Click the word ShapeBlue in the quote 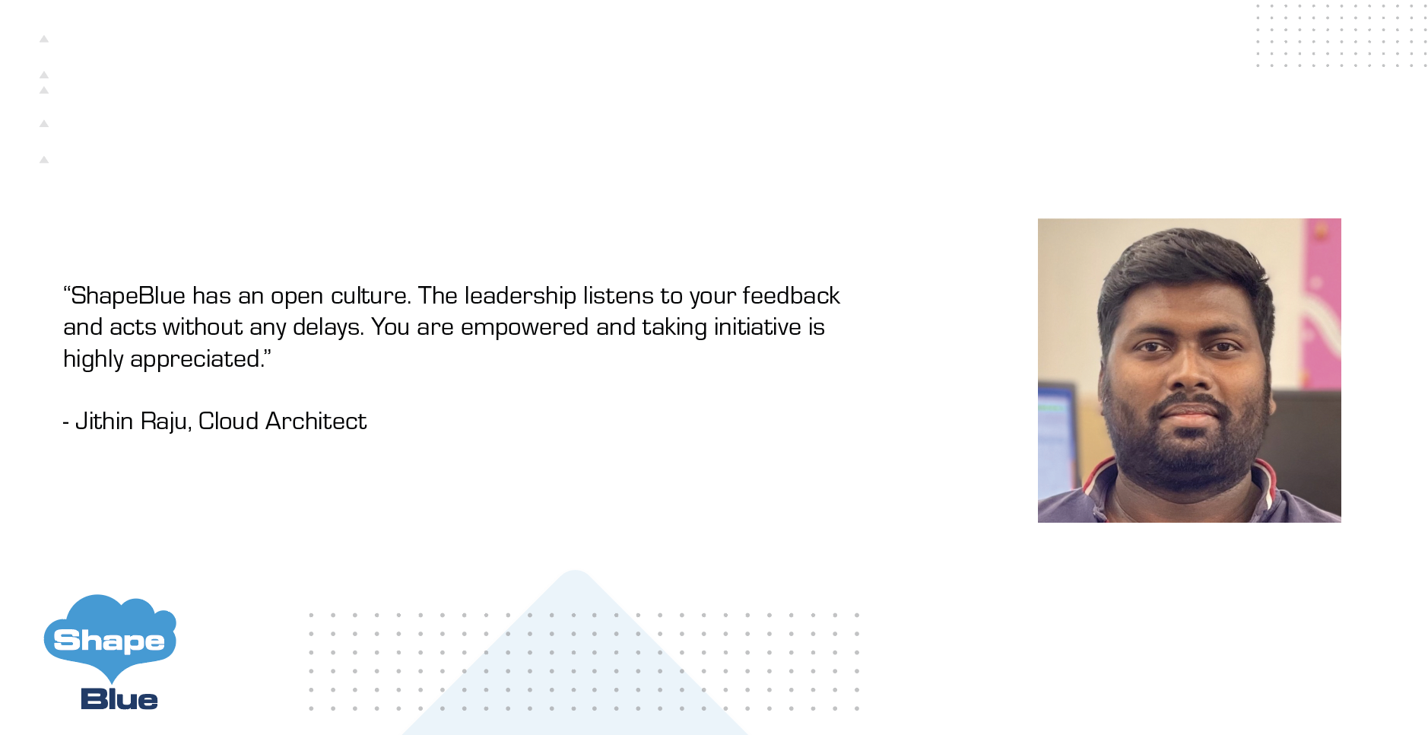pos(128,296)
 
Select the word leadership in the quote pos(520,296)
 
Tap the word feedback pos(791,295)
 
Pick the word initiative pos(757,327)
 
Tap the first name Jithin pos(104,422)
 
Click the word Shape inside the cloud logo pos(109,641)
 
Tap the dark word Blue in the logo pos(119,699)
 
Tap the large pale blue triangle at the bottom pos(576,670)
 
